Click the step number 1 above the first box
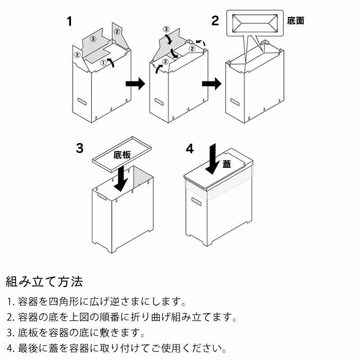click(70, 21)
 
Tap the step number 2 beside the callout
click(215, 20)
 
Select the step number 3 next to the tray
click(80, 148)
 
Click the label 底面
click(296, 21)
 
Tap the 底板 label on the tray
click(122, 155)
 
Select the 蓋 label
click(227, 164)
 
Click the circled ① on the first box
click(103, 63)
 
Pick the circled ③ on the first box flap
click(93, 38)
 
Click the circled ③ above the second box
click(166, 29)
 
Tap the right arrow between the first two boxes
click(135, 84)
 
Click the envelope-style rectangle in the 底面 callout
click(255, 22)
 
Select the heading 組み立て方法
click(44, 281)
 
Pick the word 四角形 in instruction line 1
click(68, 302)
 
